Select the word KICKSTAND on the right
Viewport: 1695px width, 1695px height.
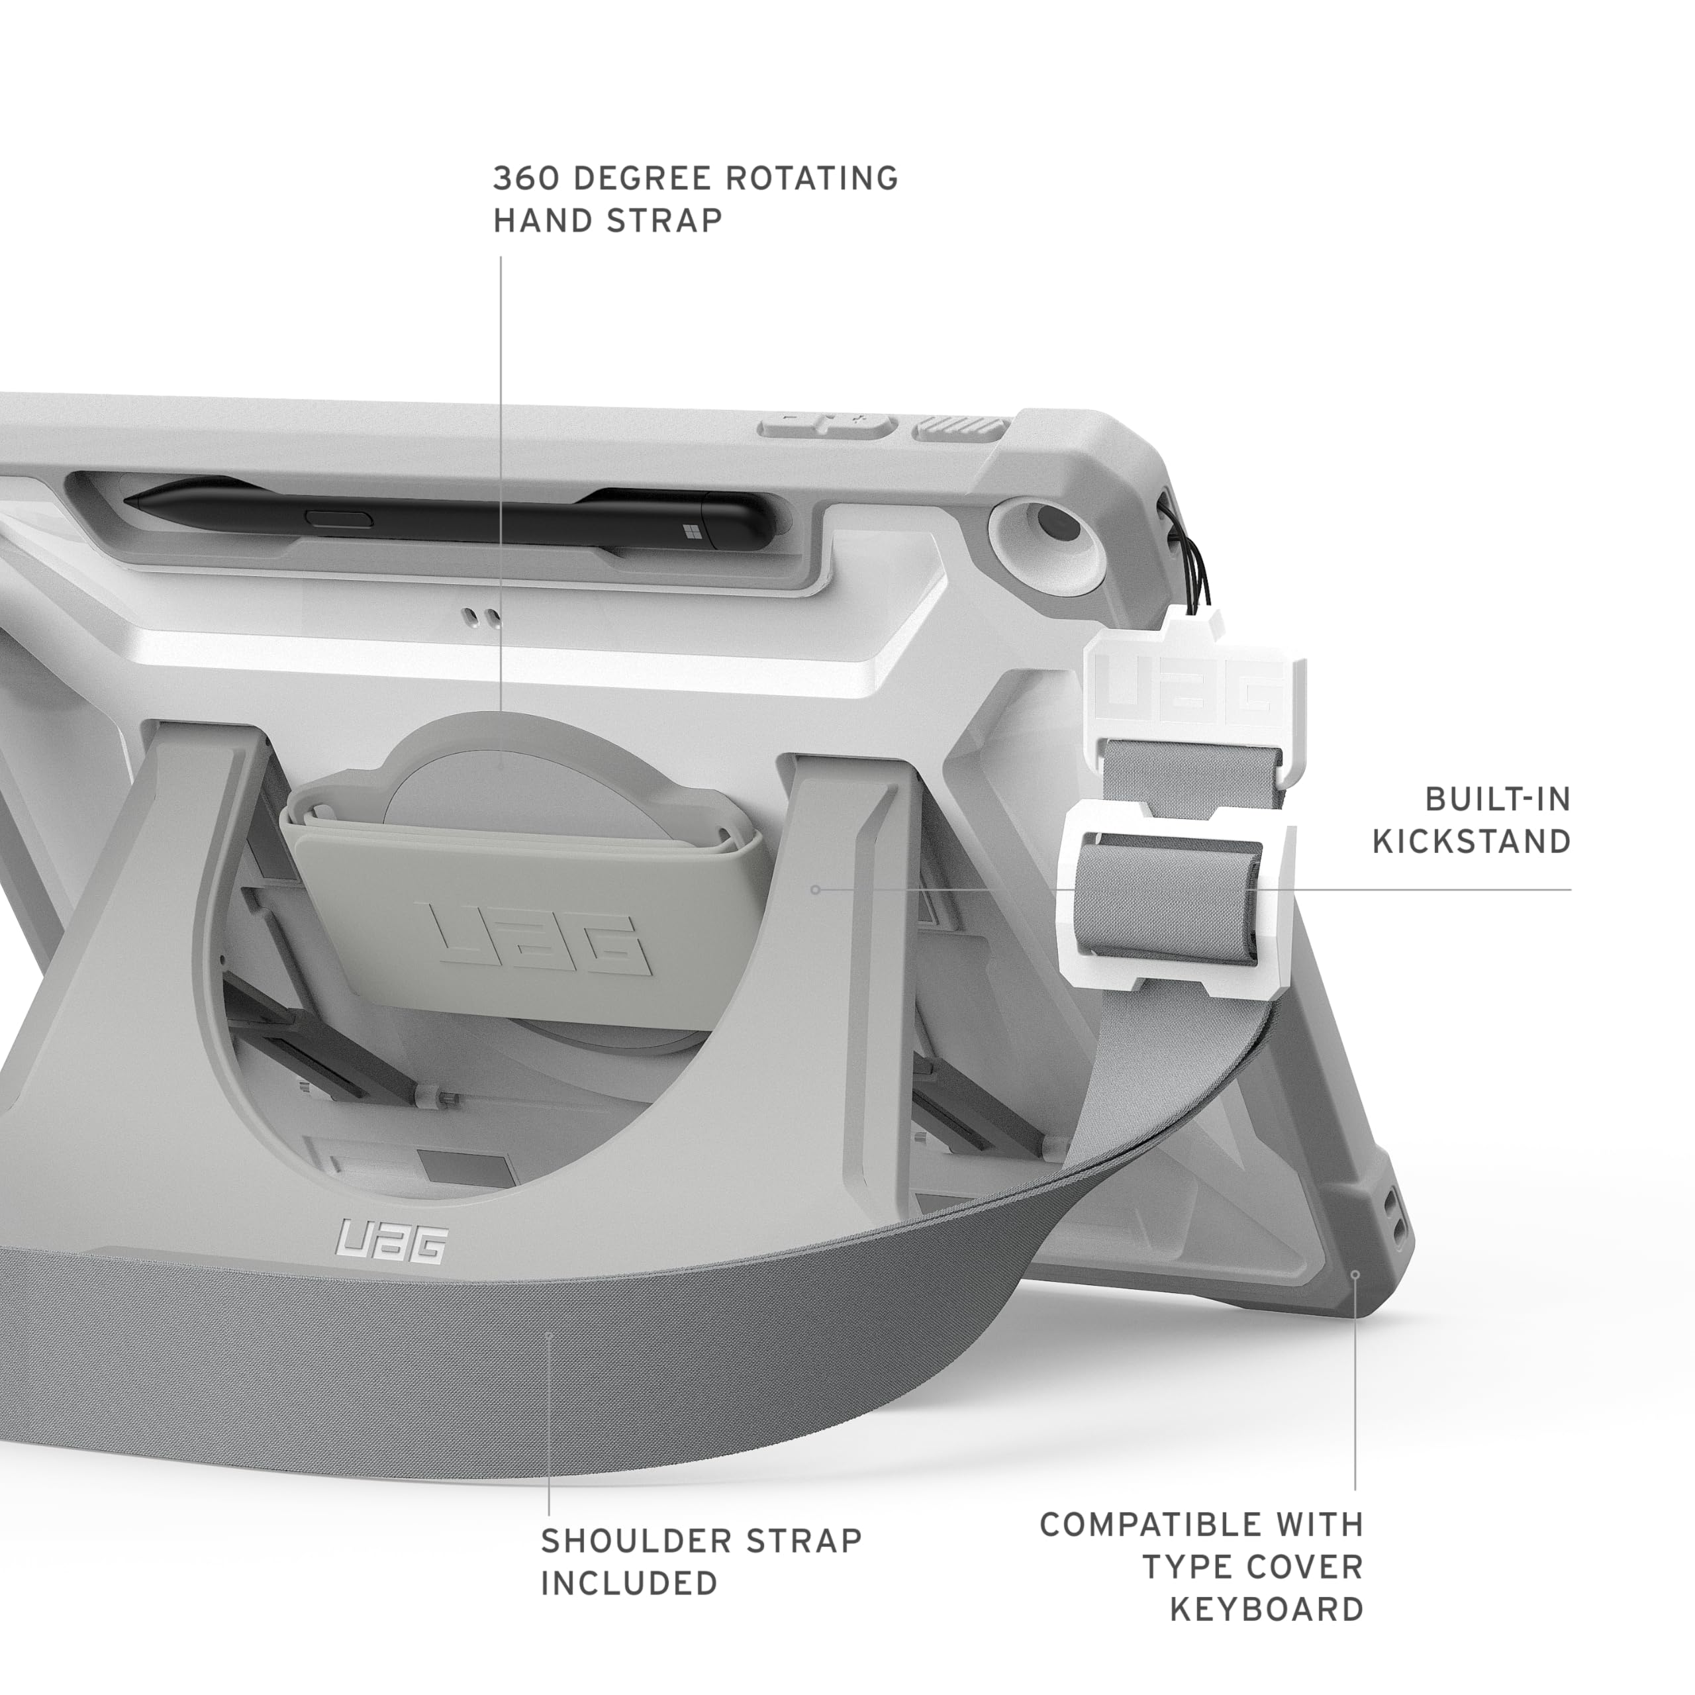click(x=1471, y=842)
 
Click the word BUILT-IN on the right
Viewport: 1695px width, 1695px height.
click(x=1498, y=799)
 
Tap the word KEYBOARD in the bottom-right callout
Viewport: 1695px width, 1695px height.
click(x=1267, y=1609)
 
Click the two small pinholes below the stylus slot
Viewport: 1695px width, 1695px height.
click(x=483, y=618)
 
